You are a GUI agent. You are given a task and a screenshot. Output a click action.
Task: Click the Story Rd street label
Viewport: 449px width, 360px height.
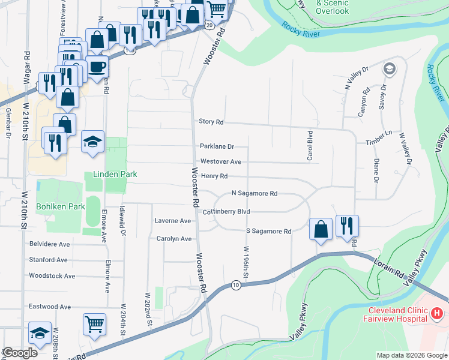[x=211, y=122]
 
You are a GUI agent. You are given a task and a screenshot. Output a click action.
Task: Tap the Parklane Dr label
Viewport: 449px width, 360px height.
[x=217, y=146]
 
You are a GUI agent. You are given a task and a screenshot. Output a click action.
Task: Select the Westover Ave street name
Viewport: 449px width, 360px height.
[x=220, y=162]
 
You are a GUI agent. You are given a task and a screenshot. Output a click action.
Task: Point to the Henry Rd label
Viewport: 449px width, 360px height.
[x=214, y=176]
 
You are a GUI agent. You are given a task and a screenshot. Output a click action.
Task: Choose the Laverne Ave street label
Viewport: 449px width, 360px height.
[x=172, y=221]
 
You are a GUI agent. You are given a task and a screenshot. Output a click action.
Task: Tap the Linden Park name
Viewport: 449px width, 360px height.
[x=115, y=175]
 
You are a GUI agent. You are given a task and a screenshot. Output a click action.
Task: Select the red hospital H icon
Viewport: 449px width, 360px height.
[x=436, y=313]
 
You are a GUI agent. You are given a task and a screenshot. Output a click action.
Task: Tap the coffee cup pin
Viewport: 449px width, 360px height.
[x=97, y=67]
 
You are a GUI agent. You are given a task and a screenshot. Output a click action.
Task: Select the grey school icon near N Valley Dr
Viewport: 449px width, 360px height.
[x=390, y=70]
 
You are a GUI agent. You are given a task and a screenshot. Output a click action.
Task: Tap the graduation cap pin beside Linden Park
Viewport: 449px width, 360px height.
[x=92, y=142]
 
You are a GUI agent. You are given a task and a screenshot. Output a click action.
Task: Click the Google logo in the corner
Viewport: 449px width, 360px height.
[x=20, y=353]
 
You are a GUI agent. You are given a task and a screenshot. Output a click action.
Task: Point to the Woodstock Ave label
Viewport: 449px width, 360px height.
[x=52, y=276]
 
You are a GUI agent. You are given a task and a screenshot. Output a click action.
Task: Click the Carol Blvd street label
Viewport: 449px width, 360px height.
[x=310, y=146]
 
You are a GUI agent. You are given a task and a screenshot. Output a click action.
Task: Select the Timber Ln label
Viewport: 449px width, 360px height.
[x=378, y=142]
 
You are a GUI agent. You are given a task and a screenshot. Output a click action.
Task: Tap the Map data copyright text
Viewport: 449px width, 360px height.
[x=411, y=355]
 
